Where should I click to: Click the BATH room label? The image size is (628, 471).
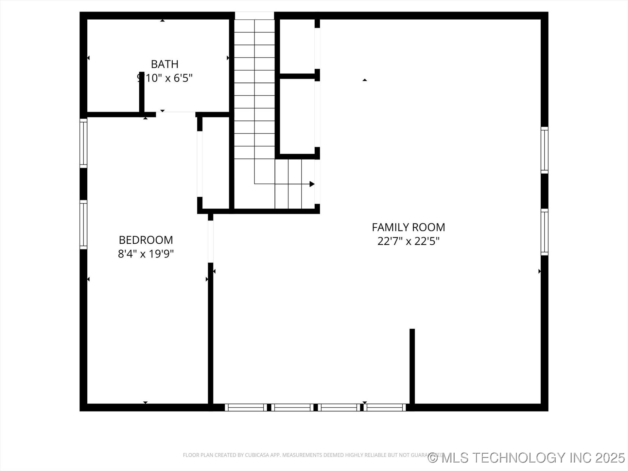(165, 64)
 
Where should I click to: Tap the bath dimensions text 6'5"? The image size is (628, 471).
(183, 78)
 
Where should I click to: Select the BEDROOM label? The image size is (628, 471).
(146, 240)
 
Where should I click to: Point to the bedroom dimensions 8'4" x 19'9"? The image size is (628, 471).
(146, 254)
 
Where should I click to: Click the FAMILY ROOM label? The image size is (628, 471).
(408, 227)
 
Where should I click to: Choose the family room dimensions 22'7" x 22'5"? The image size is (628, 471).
(408, 241)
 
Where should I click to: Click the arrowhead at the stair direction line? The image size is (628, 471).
(312, 184)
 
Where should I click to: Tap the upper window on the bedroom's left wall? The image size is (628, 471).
(84, 143)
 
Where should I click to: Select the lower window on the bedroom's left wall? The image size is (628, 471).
(84, 225)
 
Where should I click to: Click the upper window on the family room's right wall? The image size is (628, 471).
(544, 150)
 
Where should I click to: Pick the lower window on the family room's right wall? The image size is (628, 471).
(544, 232)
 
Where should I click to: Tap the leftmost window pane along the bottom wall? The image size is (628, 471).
(246, 408)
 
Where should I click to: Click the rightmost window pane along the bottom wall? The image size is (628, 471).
(385, 408)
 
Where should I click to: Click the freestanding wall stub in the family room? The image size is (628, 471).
(412, 366)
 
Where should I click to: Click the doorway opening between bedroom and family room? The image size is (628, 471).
(211, 241)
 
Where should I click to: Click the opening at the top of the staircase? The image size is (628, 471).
(254, 15)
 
